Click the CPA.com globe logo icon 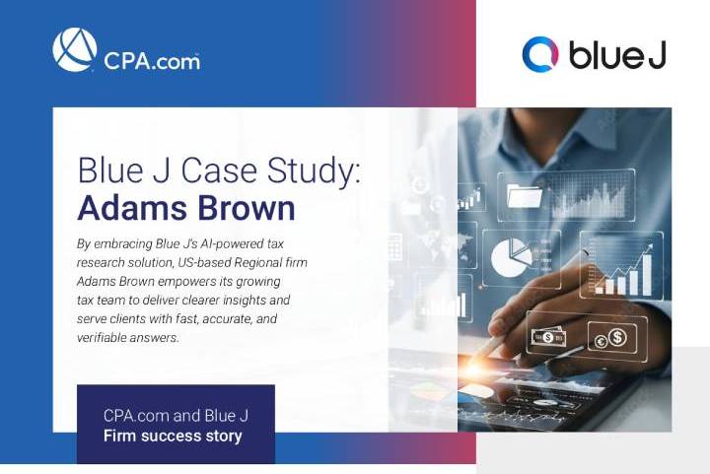pyautogui.click(x=75, y=49)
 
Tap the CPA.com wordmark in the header pyautogui.click(x=151, y=60)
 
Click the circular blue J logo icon pyautogui.click(x=540, y=54)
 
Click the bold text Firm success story pyautogui.click(x=173, y=436)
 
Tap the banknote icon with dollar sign pyautogui.click(x=546, y=337)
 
